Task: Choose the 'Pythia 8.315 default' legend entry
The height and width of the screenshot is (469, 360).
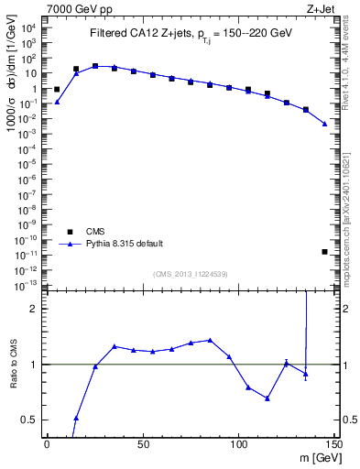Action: (125, 244)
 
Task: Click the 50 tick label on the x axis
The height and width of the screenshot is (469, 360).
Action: (143, 445)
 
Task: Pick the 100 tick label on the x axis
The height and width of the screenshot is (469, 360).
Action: (239, 445)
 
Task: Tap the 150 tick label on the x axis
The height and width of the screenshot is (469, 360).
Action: (334, 445)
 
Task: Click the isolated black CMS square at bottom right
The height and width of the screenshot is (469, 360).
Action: (325, 251)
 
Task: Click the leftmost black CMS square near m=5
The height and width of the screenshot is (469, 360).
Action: (57, 90)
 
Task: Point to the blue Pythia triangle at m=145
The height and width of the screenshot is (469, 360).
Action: (325, 124)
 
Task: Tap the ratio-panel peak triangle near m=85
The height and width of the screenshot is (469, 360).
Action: (210, 340)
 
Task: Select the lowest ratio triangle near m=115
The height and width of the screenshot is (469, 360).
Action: (267, 398)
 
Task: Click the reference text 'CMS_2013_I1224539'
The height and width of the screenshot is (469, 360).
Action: (191, 274)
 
